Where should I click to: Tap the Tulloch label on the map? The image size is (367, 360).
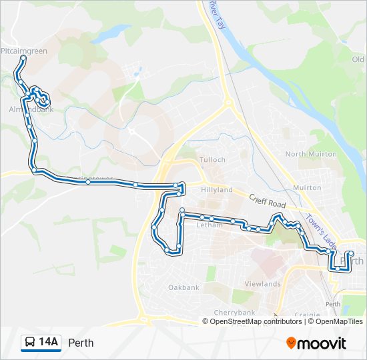coord(213,160)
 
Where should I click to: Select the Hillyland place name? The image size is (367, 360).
coord(216,190)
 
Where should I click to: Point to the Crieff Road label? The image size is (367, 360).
coord(267,199)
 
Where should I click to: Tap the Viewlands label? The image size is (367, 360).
coord(262,283)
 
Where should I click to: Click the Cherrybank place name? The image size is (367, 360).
coord(231,312)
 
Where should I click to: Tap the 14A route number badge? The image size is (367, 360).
coord(49,342)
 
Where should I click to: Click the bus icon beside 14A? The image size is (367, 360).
coord(30,342)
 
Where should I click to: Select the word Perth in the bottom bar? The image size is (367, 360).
coord(81,343)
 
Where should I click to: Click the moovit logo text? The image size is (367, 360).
coord(322,343)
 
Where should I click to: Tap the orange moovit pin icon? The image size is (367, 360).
coord(291,343)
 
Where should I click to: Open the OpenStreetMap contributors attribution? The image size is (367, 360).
coord(256,321)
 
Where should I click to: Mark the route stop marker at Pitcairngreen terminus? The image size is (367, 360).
coord(23,59)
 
